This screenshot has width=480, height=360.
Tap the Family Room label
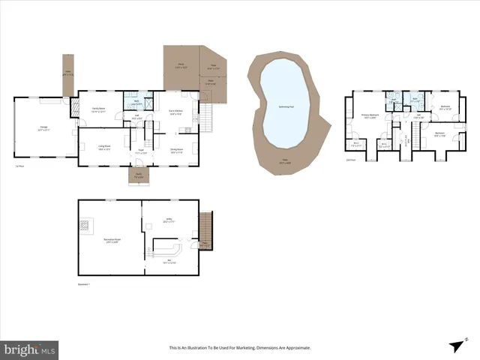tap(97, 109)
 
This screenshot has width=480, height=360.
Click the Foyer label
tap(140, 151)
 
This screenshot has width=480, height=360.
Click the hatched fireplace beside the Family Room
tap(74, 109)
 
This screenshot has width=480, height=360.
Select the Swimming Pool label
tap(285, 107)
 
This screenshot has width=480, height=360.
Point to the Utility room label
tap(168, 220)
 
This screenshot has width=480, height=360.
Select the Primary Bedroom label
tap(368, 115)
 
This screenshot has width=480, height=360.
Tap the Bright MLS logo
tap(29, 349)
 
